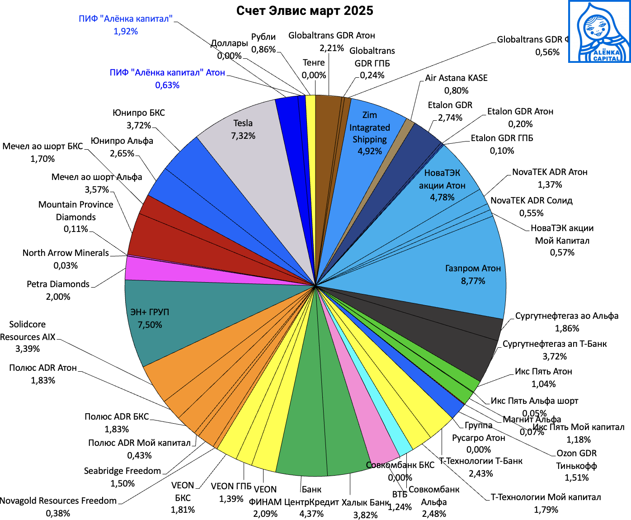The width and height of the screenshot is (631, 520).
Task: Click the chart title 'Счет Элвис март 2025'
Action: tap(305, 11)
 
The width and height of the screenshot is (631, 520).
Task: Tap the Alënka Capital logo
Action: tap(599, 32)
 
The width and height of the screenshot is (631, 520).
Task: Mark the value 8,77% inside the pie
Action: tap(473, 281)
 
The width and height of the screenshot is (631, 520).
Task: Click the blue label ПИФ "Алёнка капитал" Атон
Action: tap(167, 72)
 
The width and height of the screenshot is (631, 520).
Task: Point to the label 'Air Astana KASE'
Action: tap(456, 78)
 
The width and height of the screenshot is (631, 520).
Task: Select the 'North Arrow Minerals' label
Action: tap(66, 253)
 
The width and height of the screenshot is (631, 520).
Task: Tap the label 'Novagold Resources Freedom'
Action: tap(58, 501)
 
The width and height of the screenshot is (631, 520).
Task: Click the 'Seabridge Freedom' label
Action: tap(122, 471)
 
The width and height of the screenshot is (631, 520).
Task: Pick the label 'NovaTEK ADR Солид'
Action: tap(532, 200)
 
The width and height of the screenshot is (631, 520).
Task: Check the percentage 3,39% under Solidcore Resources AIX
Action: tap(28, 349)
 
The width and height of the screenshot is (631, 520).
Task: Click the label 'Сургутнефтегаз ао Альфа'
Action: tap(567, 316)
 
